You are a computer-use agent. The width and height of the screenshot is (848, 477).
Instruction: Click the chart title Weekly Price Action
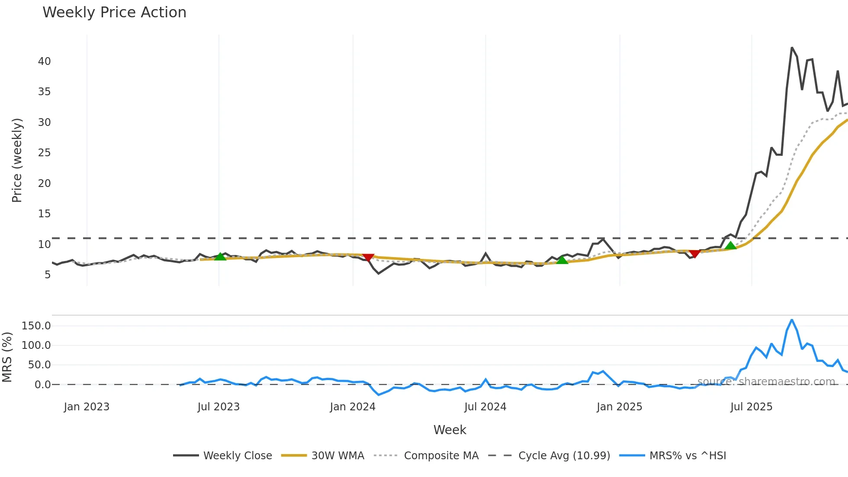114,13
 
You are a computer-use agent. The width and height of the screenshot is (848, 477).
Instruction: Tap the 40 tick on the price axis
44,61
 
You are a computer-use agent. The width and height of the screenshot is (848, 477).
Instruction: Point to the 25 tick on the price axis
44,153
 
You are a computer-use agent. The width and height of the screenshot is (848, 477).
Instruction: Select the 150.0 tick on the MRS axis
36,326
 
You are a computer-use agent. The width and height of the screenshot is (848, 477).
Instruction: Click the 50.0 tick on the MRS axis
39,365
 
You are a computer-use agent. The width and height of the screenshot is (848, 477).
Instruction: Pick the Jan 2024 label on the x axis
353,407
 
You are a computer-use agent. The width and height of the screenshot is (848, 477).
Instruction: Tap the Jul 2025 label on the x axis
751,407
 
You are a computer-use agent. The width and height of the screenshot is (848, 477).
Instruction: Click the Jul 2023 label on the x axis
218,407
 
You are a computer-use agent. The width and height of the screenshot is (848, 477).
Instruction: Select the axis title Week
450,430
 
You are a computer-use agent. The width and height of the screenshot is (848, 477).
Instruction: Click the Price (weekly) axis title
17,160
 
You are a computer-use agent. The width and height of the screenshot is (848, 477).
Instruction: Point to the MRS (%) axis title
7,357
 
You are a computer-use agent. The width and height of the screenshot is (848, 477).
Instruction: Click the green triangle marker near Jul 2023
220,257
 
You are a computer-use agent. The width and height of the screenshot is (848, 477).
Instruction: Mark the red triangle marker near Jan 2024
368,258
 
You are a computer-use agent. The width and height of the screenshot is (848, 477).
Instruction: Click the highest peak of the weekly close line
792,48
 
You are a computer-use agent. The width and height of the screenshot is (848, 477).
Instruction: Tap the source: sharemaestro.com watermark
766,382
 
